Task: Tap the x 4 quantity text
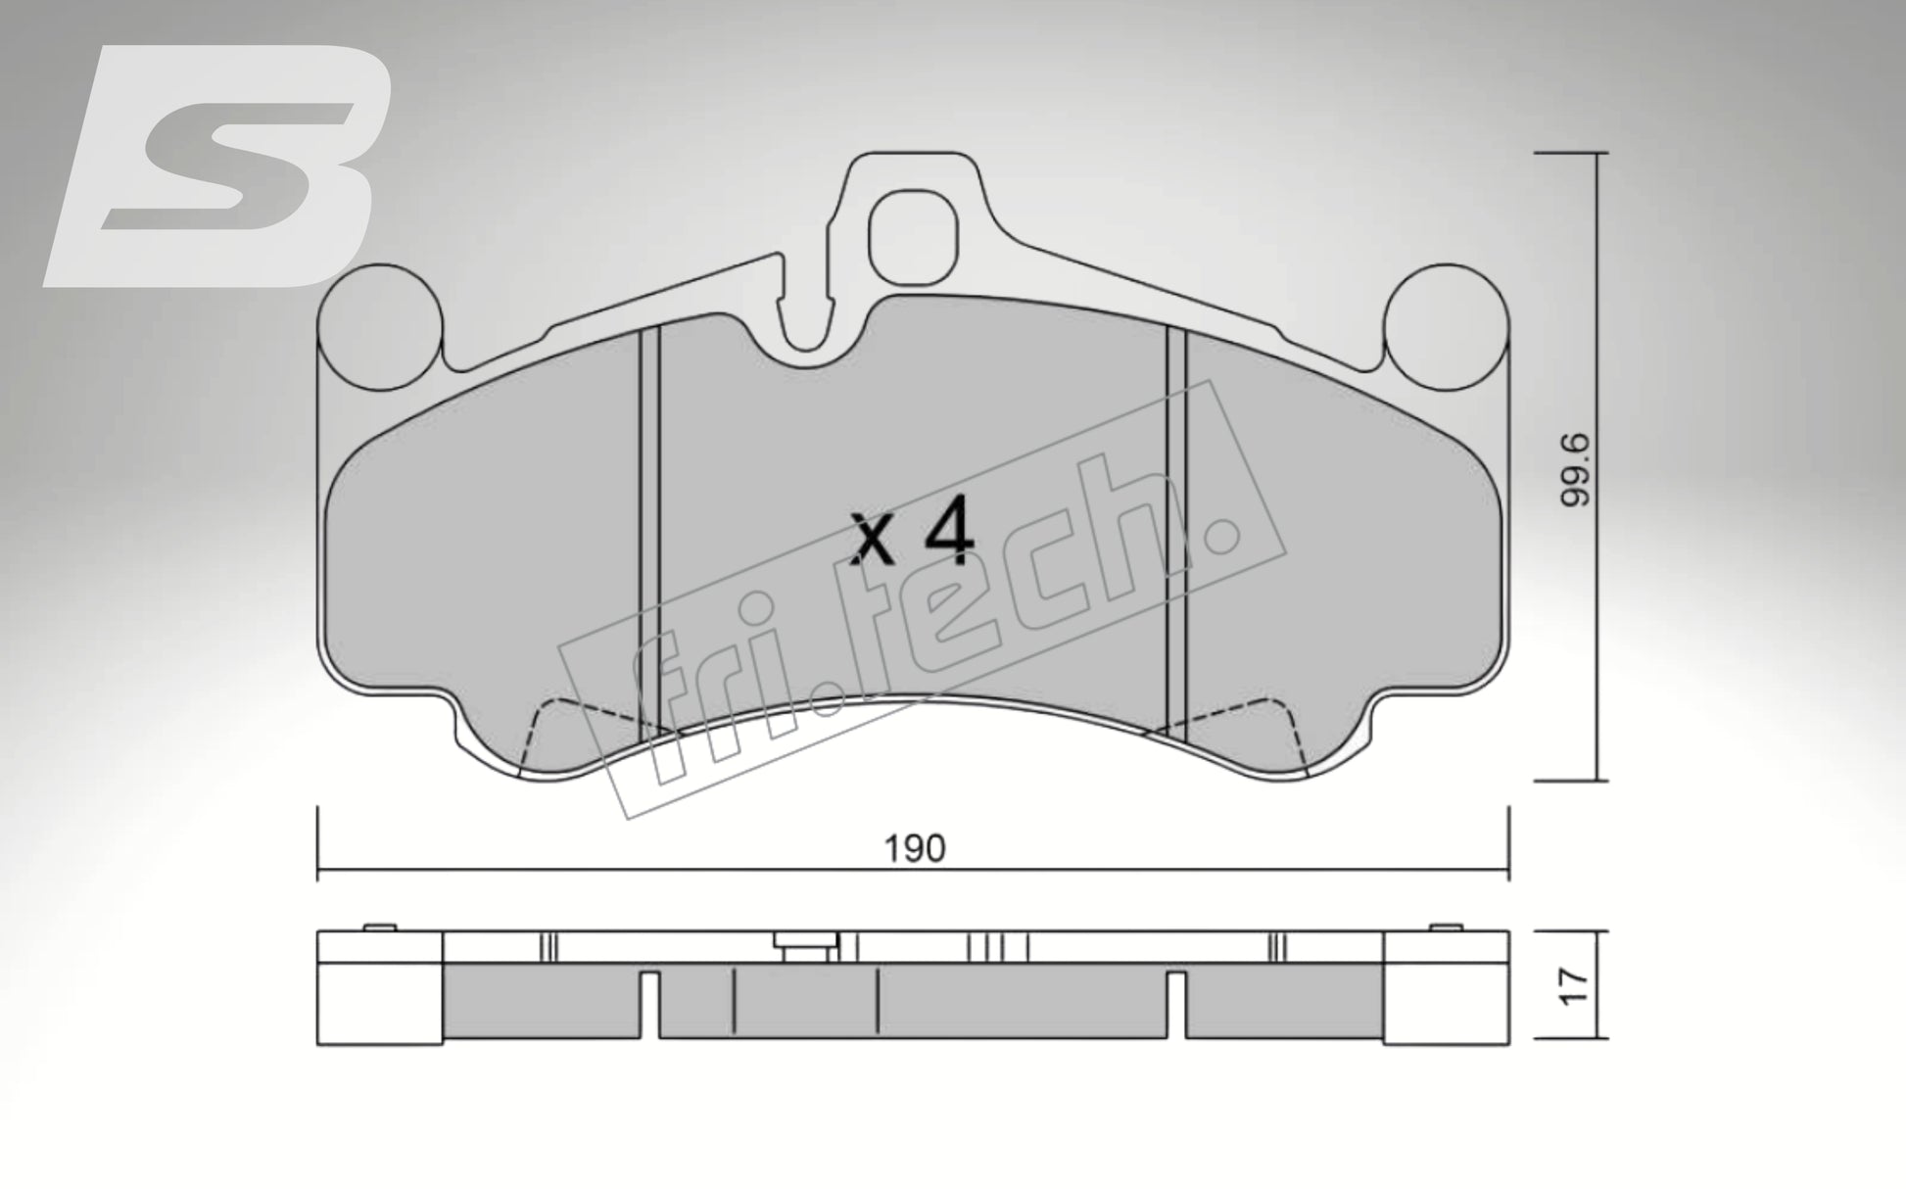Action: [x=912, y=533]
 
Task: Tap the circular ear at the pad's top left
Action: [x=380, y=326]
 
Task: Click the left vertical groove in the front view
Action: [x=649, y=529]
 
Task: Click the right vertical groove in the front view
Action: [x=1175, y=529]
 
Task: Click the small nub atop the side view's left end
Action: [x=379, y=927]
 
